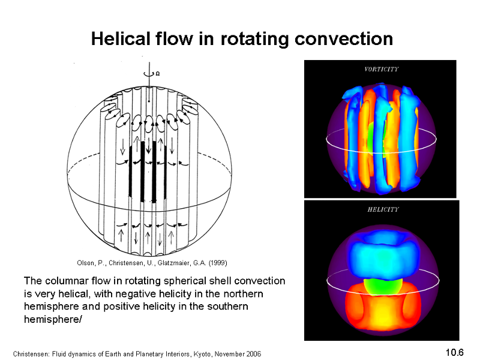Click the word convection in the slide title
(344, 39)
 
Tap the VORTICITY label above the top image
(382, 69)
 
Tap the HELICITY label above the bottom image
(383, 209)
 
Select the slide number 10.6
(455, 352)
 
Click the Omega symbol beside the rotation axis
(157, 74)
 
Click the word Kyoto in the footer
(202, 354)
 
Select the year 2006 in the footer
(254, 354)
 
